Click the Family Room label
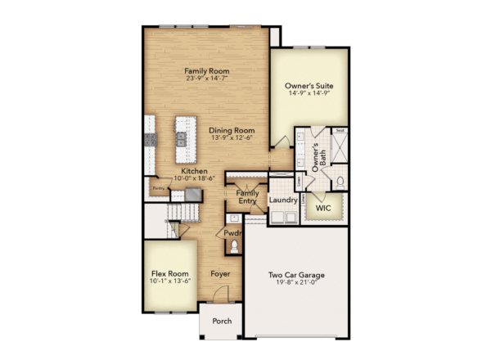point(206,70)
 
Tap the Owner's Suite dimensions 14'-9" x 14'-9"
point(309,93)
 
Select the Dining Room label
point(231,130)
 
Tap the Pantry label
point(158,188)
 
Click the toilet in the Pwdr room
point(234,246)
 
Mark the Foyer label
point(219,273)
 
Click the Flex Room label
point(169,273)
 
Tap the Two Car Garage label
point(297,276)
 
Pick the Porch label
point(222,322)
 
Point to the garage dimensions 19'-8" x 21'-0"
point(297,283)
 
